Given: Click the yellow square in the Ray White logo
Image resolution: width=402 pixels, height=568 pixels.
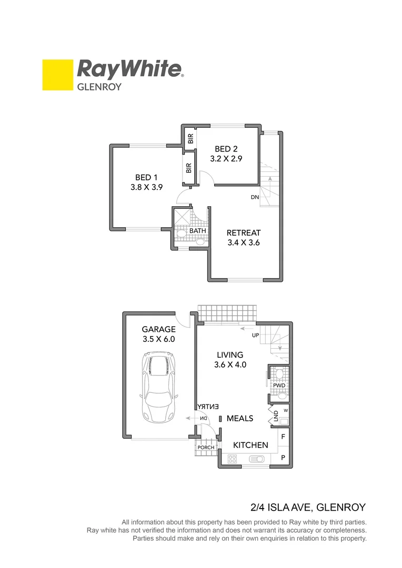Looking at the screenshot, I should click(x=57, y=75).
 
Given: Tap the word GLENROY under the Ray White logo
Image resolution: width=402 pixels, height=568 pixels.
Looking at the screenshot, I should click(x=99, y=87).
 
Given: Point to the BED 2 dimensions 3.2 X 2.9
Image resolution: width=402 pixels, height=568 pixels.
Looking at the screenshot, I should click(x=226, y=158).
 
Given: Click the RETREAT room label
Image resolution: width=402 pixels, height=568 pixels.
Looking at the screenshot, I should click(x=244, y=233).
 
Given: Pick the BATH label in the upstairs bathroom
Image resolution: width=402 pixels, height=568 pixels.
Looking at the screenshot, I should click(x=197, y=231).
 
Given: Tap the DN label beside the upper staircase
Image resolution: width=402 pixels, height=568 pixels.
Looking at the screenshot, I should click(x=255, y=197).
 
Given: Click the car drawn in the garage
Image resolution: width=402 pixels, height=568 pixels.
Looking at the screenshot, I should click(x=158, y=387).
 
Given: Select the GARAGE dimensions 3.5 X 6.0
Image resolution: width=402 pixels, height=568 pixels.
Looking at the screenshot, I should click(x=158, y=339).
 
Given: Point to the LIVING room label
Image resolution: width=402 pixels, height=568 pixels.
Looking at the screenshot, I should click(x=229, y=355).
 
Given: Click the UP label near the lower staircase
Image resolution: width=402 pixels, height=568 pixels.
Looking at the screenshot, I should click(x=255, y=335).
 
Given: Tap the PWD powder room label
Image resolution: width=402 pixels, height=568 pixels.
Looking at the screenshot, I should click(x=279, y=386).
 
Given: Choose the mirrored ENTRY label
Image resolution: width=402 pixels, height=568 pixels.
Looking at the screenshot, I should click(x=208, y=407).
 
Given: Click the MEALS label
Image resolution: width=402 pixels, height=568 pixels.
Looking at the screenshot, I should click(x=240, y=419).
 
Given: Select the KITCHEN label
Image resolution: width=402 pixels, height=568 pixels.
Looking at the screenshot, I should click(x=250, y=445).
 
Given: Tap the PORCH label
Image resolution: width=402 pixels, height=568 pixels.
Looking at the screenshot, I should click(x=206, y=448).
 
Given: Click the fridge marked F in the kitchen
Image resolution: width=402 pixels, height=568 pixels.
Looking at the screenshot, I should click(x=283, y=437).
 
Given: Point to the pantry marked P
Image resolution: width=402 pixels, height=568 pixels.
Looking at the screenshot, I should click(x=283, y=458).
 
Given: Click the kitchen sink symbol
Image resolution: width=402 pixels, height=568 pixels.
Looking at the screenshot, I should click(x=257, y=459).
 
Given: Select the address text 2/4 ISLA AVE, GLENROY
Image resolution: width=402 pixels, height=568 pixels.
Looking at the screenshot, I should click(x=308, y=508).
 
